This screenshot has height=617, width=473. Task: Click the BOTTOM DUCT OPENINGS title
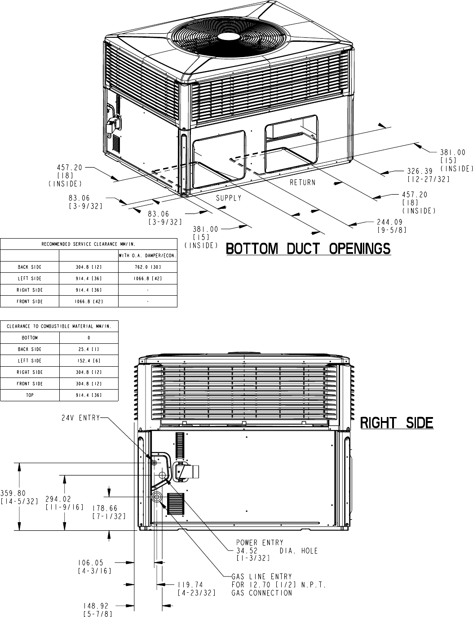[x=308, y=249]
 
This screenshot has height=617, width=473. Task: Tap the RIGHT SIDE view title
[x=397, y=423]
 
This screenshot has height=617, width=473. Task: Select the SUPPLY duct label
[x=229, y=198]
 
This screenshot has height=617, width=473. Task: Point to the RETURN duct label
[x=302, y=182]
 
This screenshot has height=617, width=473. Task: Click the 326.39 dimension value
[x=420, y=171]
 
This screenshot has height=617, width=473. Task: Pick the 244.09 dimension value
[x=389, y=222]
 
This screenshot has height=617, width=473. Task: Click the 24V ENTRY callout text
[x=81, y=418]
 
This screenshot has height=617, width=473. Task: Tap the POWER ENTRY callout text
[x=260, y=543]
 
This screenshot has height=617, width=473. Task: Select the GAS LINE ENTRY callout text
[x=261, y=577]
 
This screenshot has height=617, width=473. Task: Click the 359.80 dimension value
[x=13, y=493]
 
